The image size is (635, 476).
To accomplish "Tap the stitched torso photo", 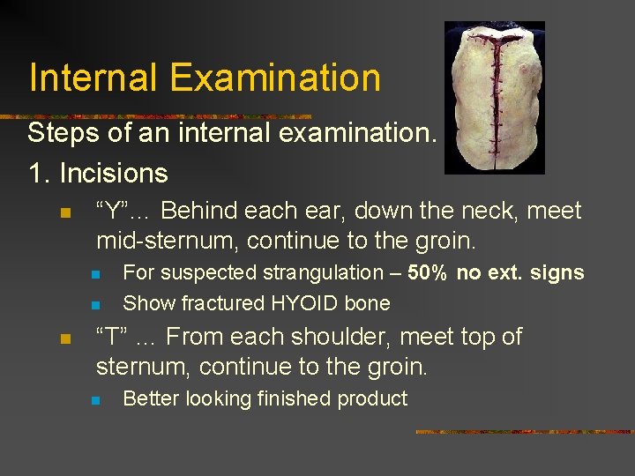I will pyautogui.click(x=494, y=97).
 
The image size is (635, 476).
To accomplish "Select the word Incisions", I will pyautogui.click(x=114, y=173).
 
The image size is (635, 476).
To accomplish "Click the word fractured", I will pyautogui.click(x=221, y=303).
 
